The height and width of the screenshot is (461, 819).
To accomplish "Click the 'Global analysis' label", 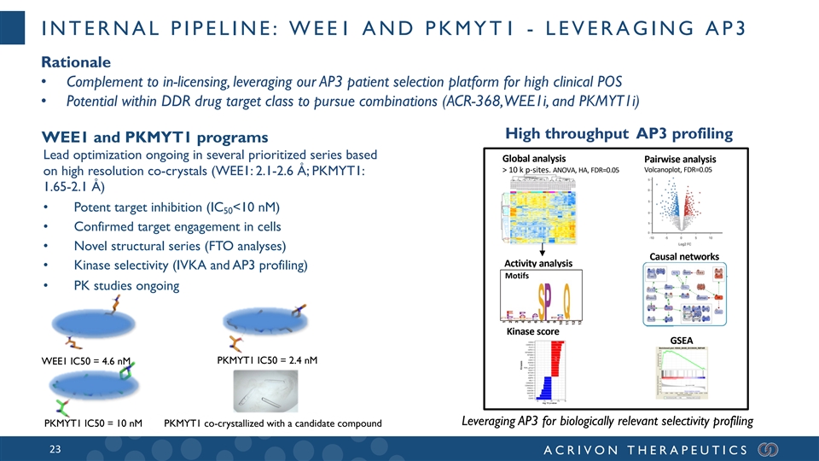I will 533,159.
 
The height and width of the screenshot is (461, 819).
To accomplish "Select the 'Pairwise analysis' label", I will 680,159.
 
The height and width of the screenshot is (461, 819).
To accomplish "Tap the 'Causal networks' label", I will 685,256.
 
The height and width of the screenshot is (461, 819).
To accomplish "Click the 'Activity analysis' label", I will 537,262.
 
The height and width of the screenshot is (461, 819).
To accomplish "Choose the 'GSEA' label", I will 685,339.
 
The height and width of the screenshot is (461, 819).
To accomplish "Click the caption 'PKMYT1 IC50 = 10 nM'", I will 92,424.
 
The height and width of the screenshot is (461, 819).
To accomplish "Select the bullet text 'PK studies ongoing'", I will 126,285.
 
